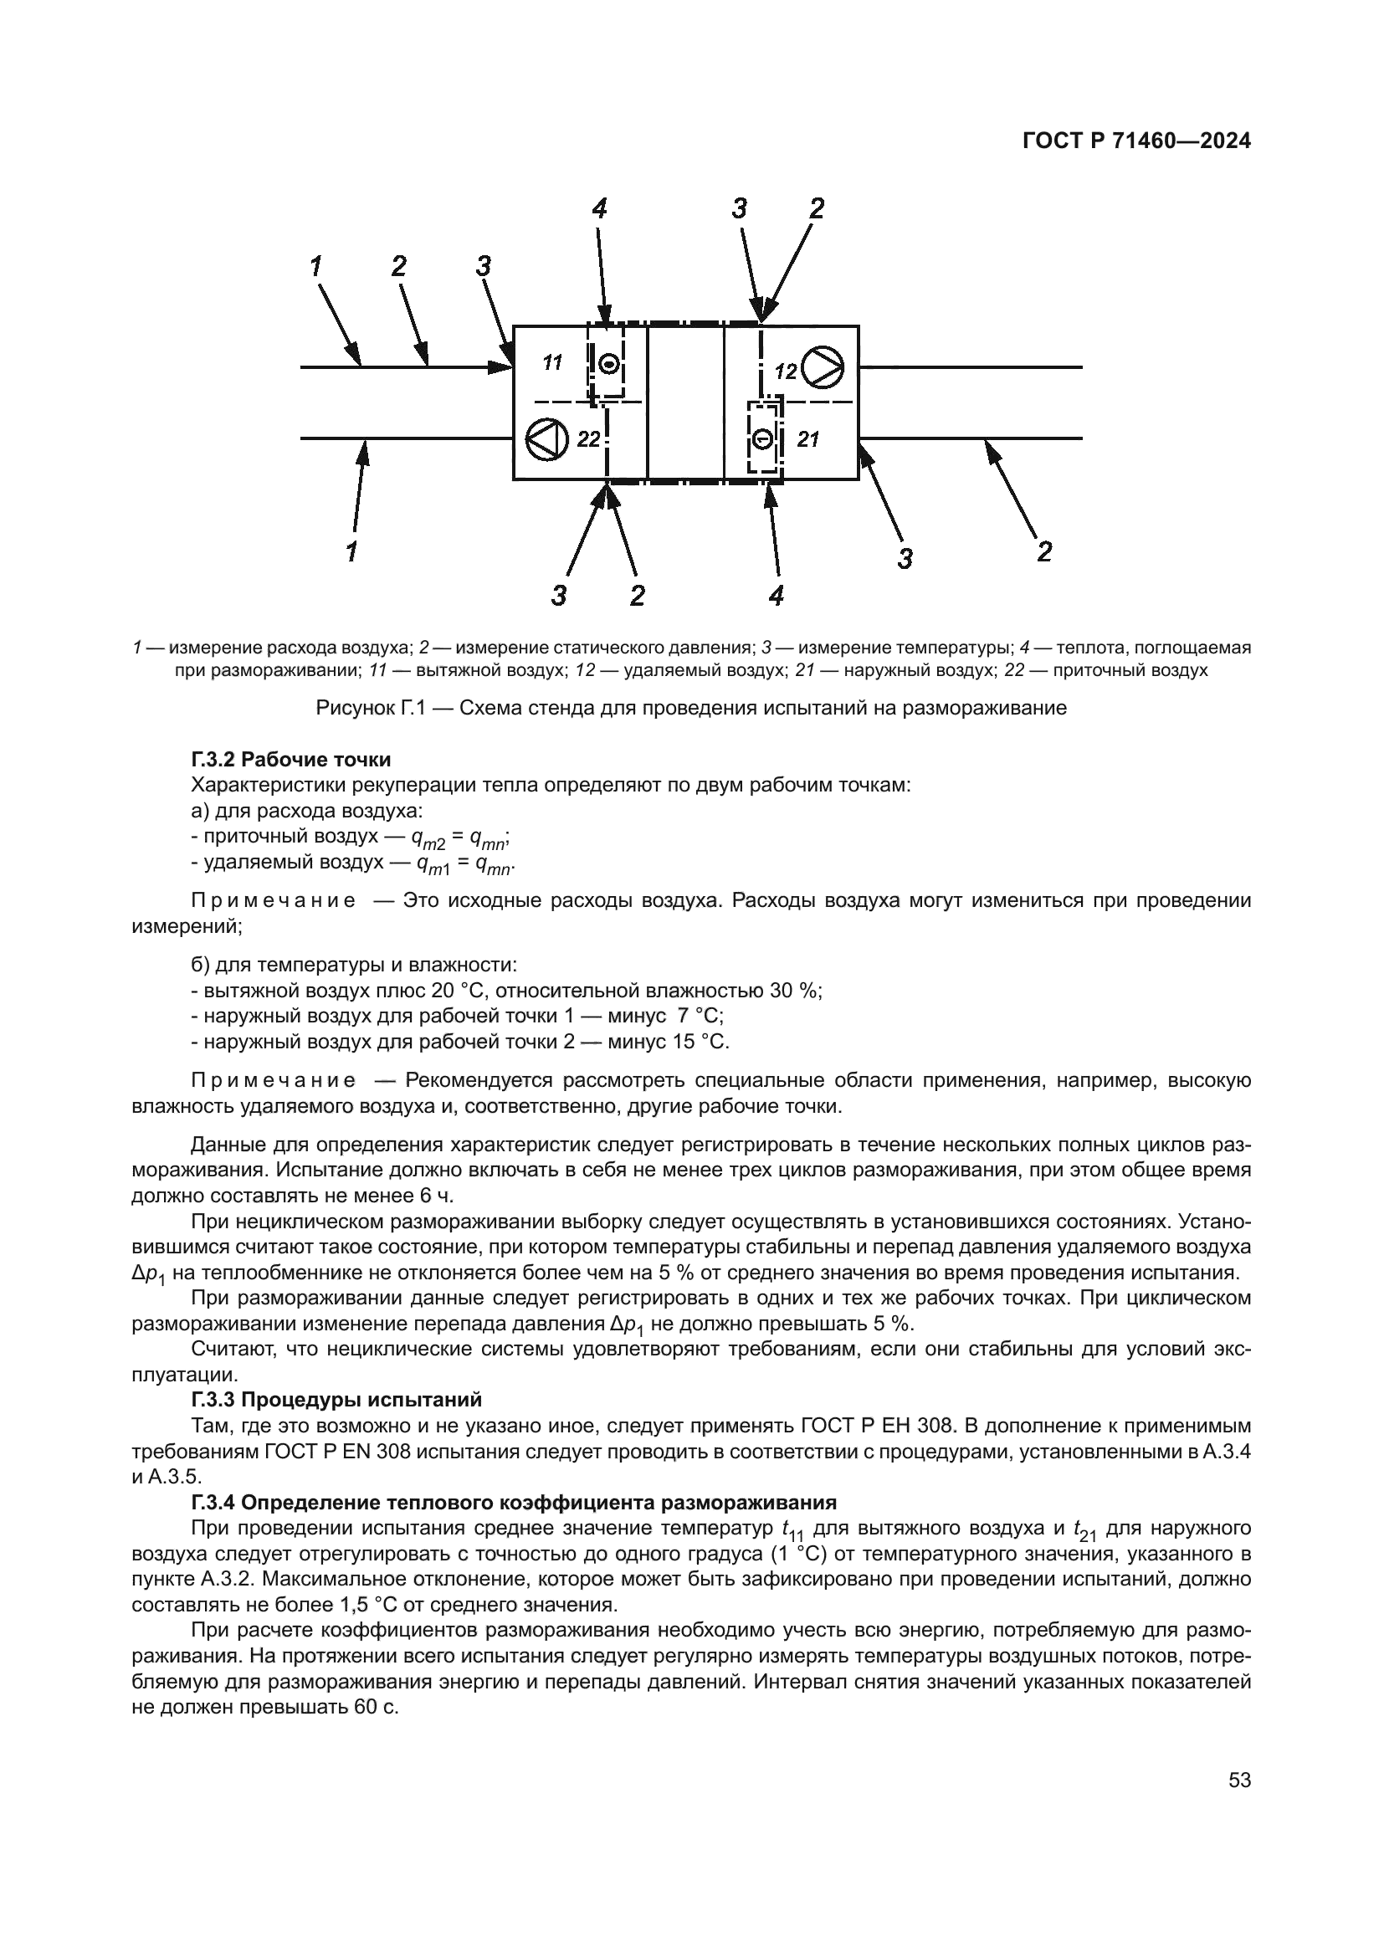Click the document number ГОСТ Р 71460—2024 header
click(1136, 141)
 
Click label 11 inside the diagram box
click(552, 363)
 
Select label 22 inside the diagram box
click(588, 440)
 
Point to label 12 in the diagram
click(785, 371)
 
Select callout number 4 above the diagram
click(599, 209)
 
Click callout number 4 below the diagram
click(776, 596)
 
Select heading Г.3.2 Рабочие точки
click(290, 759)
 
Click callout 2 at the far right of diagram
click(1044, 552)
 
